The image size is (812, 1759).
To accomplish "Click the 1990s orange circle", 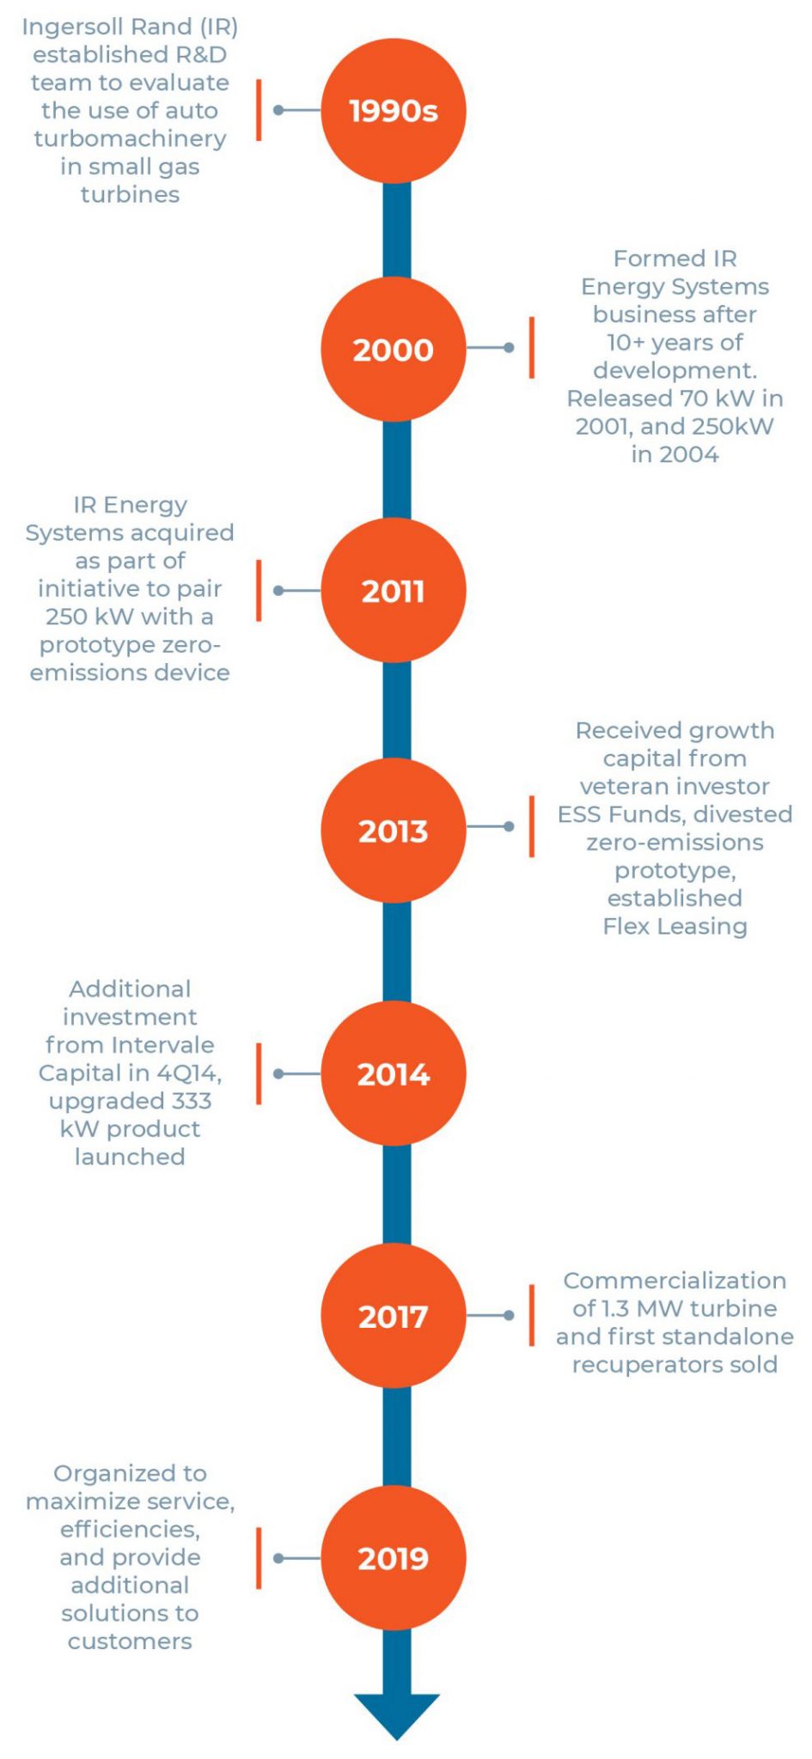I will pyautogui.click(x=394, y=110).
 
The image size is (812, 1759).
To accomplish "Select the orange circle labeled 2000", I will pyautogui.click(x=394, y=349).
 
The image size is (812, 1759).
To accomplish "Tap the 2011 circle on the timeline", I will pyautogui.click(x=394, y=590).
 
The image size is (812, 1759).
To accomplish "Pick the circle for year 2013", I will pyautogui.click(x=394, y=830).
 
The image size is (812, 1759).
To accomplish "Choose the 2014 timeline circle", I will pyautogui.click(x=394, y=1073).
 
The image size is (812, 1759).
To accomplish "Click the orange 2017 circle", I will pyautogui.click(x=394, y=1315).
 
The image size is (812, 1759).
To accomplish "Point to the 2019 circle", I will pyautogui.click(x=394, y=1557).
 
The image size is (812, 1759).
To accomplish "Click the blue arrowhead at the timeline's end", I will pyautogui.click(x=397, y=1713).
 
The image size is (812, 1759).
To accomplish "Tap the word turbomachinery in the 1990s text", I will pyautogui.click(x=130, y=138).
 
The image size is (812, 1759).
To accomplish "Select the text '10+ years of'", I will pyautogui.click(x=675, y=343).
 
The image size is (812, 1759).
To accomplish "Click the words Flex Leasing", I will pyautogui.click(x=675, y=926).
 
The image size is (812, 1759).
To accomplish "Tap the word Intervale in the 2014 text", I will pyautogui.click(x=161, y=1044).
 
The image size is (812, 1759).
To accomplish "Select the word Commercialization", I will pyautogui.click(x=675, y=1280).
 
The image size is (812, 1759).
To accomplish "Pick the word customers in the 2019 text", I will pyautogui.click(x=130, y=1640).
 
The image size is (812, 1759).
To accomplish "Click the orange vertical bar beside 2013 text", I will pyautogui.click(x=532, y=826).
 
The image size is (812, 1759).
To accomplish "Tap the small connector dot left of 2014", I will pyautogui.click(x=278, y=1074).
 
